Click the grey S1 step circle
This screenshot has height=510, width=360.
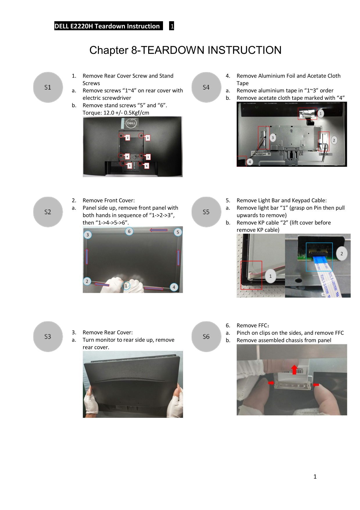(x=48, y=87)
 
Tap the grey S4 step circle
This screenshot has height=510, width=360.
(x=206, y=87)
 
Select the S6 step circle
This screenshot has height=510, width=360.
(x=206, y=336)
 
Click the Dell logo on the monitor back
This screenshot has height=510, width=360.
(x=131, y=123)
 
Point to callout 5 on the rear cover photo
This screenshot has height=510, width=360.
(x=130, y=166)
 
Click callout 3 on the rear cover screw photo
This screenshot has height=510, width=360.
(x=148, y=138)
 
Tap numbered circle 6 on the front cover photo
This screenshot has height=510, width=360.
(x=129, y=231)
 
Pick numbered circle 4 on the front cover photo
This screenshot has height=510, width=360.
(x=174, y=287)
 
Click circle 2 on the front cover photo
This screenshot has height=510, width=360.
(x=87, y=281)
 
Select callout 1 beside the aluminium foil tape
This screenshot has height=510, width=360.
(x=320, y=114)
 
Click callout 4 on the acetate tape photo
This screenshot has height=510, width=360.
(x=250, y=162)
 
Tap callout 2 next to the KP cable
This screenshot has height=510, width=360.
(x=342, y=254)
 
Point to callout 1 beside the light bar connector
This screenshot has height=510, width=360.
(x=271, y=276)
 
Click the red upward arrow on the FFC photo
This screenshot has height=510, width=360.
(x=294, y=369)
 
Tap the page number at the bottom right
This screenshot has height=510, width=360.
(x=315, y=477)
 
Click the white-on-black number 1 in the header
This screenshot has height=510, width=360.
(x=172, y=26)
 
